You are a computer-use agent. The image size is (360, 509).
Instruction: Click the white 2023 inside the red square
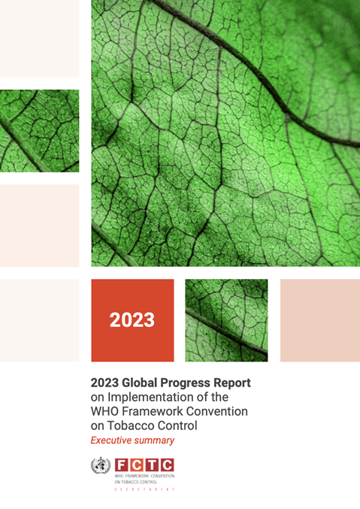(132, 320)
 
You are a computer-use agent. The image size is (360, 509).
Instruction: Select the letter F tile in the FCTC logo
(121, 465)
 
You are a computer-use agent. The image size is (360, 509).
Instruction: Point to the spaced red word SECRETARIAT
(144, 489)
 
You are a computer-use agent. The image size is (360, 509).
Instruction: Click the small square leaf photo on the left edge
(39, 131)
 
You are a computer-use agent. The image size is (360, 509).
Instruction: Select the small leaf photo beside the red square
(225, 320)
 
